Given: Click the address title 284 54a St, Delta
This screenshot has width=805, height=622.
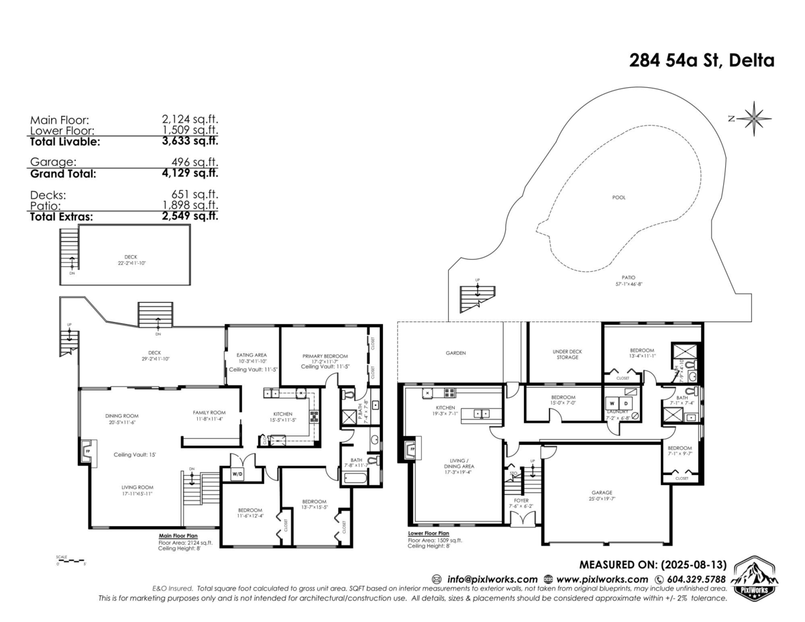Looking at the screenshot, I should (x=702, y=60).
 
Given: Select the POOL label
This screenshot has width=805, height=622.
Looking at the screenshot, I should (x=619, y=198).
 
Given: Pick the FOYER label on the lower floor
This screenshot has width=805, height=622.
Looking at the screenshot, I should (x=522, y=499).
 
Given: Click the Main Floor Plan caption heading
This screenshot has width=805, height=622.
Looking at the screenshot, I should (x=178, y=536).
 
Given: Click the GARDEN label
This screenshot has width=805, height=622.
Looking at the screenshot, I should (x=455, y=353).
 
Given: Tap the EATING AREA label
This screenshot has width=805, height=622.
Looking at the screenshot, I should (x=252, y=355).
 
